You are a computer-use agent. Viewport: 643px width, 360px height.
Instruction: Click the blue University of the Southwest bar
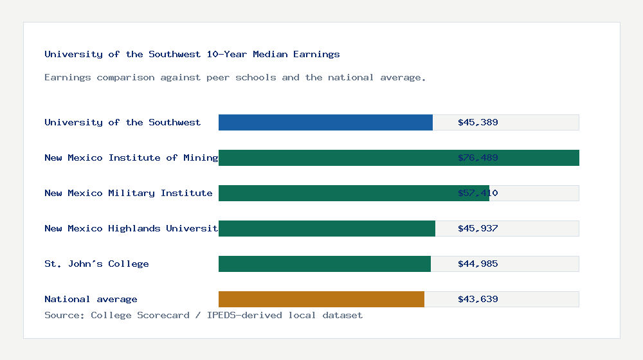[325, 122]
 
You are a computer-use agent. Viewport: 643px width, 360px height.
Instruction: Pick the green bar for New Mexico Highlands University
[327, 228]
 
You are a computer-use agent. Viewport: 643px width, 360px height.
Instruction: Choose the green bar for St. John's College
[325, 264]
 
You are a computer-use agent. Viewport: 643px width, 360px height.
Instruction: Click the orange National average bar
[321, 299]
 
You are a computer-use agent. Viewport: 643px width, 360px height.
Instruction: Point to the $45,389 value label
[478, 122]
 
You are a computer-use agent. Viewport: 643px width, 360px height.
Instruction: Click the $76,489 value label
[478, 157]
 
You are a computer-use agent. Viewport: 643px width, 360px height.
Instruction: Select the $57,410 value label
[478, 193]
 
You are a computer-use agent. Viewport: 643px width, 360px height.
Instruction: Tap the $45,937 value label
[478, 228]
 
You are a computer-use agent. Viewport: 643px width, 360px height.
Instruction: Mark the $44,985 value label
[478, 264]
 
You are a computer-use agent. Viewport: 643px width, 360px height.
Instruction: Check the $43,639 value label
[478, 299]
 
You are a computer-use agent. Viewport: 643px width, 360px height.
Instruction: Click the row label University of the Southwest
[122, 122]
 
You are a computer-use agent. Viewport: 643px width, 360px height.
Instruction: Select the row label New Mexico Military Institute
[128, 193]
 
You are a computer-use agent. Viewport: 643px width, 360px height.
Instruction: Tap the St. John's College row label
[96, 264]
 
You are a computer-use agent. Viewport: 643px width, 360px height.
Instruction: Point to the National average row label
[91, 299]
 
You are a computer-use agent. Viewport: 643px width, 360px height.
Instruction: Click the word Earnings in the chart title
[317, 54]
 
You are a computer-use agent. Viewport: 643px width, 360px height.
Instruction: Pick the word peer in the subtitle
[218, 77]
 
